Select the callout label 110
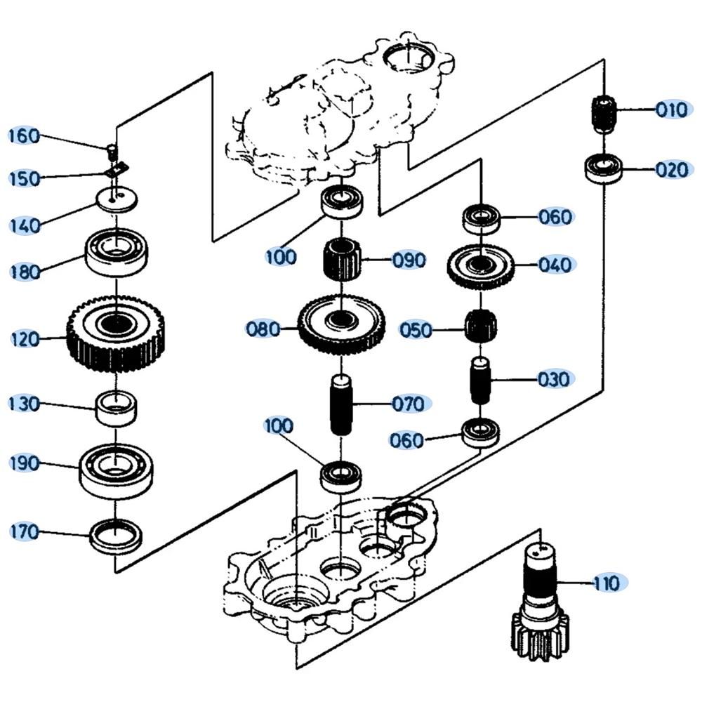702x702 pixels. (x=606, y=583)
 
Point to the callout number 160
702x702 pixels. (x=25, y=135)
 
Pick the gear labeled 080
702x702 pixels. (x=341, y=324)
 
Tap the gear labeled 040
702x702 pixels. (x=482, y=267)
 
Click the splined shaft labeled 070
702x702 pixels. (x=340, y=406)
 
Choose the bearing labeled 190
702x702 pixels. (x=116, y=468)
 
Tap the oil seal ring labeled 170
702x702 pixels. (x=116, y=535)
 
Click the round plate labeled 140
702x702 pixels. (x=117, y=199)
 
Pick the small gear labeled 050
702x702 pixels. (x=481, y=325)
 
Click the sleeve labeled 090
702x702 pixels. (x=341, y=259)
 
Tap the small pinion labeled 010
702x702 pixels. (x=604, y=114)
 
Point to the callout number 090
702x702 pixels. (x=409, y=260)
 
